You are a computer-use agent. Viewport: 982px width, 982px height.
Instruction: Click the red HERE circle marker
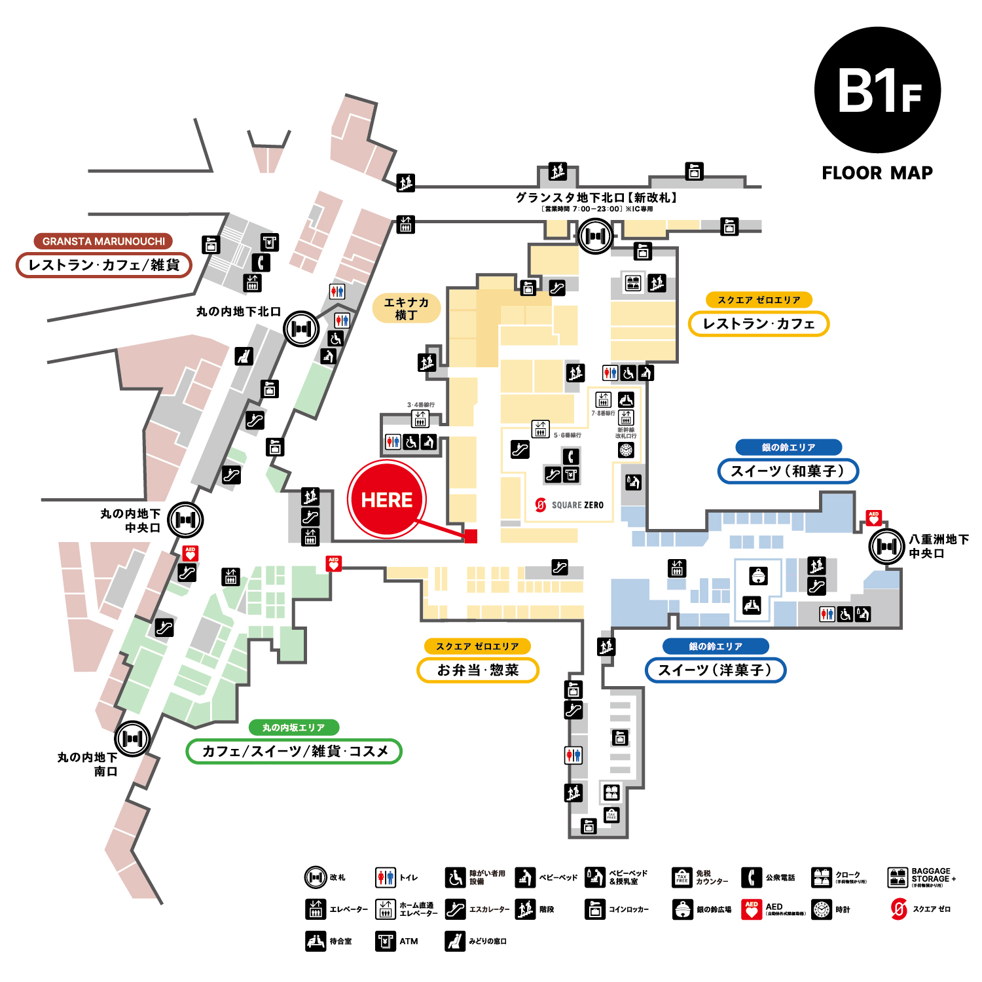pos(386,500)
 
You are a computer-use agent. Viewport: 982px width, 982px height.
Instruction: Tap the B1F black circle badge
pos(877,90)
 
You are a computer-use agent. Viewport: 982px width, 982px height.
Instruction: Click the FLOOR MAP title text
pos(877,173)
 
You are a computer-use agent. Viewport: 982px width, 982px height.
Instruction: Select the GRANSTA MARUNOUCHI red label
pos(103,241)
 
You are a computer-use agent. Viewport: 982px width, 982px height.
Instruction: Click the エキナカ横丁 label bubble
pos(406,308)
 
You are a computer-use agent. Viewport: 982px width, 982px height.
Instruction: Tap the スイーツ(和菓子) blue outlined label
pos(788,471)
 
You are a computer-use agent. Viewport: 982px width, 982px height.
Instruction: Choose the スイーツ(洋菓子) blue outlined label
pos(715,670)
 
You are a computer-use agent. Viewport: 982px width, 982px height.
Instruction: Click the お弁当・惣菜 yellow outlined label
pos(478,670)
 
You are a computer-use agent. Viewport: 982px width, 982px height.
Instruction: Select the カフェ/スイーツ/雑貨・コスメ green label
pos(294,751)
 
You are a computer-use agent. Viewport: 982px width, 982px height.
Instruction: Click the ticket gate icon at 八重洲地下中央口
pos(886,546)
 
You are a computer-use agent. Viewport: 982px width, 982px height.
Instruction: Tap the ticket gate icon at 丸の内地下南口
pos(132,738)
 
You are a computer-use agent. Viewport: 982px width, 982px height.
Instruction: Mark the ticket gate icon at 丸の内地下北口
pos(301,329)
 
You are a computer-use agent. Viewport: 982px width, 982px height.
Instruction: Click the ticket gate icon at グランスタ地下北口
pos(595,236)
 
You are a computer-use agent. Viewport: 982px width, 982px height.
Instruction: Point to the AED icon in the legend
pos(752,909)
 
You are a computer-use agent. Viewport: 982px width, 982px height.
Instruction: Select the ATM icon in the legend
pos(385,941)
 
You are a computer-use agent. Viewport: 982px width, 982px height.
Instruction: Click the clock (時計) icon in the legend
pos(822,909)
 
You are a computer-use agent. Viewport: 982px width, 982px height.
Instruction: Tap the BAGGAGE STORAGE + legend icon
pos(897,877)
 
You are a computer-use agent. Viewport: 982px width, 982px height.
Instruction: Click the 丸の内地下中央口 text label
pos(130,520)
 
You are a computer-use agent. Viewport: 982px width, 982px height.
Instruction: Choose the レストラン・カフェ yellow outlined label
pos(758,324)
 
